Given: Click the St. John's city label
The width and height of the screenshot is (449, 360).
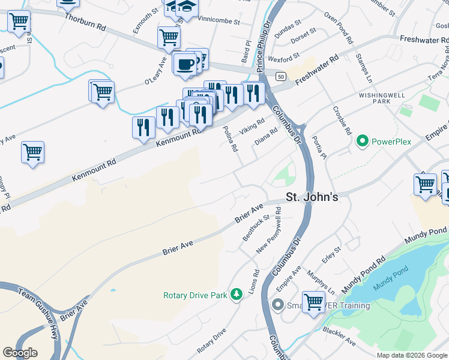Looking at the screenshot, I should click(312, 197).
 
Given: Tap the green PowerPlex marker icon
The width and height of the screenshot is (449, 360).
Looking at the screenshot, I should click(362, 142).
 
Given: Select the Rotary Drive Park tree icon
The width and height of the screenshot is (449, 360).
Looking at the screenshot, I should click(237, 293).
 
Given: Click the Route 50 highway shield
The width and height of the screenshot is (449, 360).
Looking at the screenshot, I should click(280, 76).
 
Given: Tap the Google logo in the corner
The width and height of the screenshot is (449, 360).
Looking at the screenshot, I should click(20, 353).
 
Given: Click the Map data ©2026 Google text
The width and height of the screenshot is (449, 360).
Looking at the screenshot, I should click(412, 355).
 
